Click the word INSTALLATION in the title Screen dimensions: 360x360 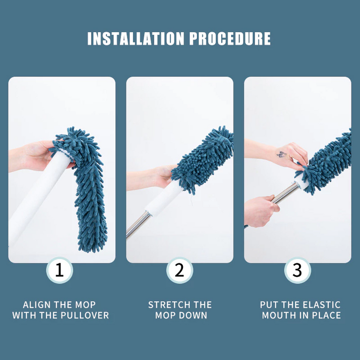pyautogui.click(x=136, y=38)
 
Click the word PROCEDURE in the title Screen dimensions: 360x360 pyautogui.click(x=230, y=38)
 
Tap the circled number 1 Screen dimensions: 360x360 pyautogui.click(x=60, y=270)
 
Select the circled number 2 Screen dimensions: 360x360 pyautogui.click(x=180, y=270)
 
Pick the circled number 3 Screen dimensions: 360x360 pyautogui.click(x=298, y=270)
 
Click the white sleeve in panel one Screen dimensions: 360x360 pyautogui.click(x=38, y=197)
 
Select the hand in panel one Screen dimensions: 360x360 pyautogui.click(x=39, y=156)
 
